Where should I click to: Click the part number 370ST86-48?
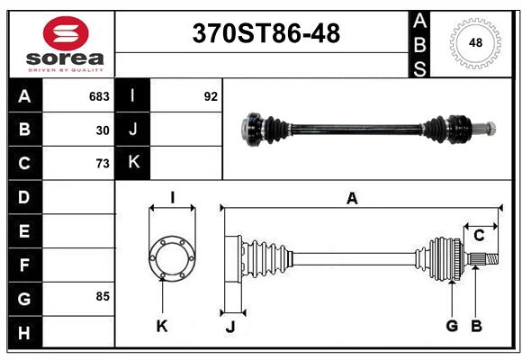pyautogui.click(x=266, y=34)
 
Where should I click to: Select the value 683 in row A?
pyautogui.click(x=99, y=96)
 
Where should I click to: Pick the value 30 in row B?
pyautogui.click(x=103, y=130)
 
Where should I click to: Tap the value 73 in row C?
pyautogui.click(x=103, y=164)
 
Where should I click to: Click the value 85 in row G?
pyautogui.click(x=103, y=296)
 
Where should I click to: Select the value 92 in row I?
pyautogui.click(x=211, y=96)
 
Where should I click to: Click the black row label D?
pyautogui.click(x=24, y=197)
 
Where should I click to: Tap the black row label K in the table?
pyautogui.click(x=133, y=163)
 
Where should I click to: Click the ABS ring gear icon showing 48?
pyautogui.click(x=473, y=43)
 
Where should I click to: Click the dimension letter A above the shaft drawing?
pyautogui.click(x=352, y=199)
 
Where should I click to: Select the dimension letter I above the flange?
pyautogui.click(x=171, y=198)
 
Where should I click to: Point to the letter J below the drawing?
pyautogui.click(x=229, y=326)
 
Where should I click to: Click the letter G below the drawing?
pyautogui.click(x=452, y=326)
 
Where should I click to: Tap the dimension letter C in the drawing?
pyautogui.click(x=480, y=235)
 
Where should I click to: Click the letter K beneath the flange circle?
pyautogui.click(x=162, y=326)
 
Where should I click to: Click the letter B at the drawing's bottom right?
pyautogui.click(x=477, y=326)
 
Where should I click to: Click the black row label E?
pyautogui.click(x=24, y=231)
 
